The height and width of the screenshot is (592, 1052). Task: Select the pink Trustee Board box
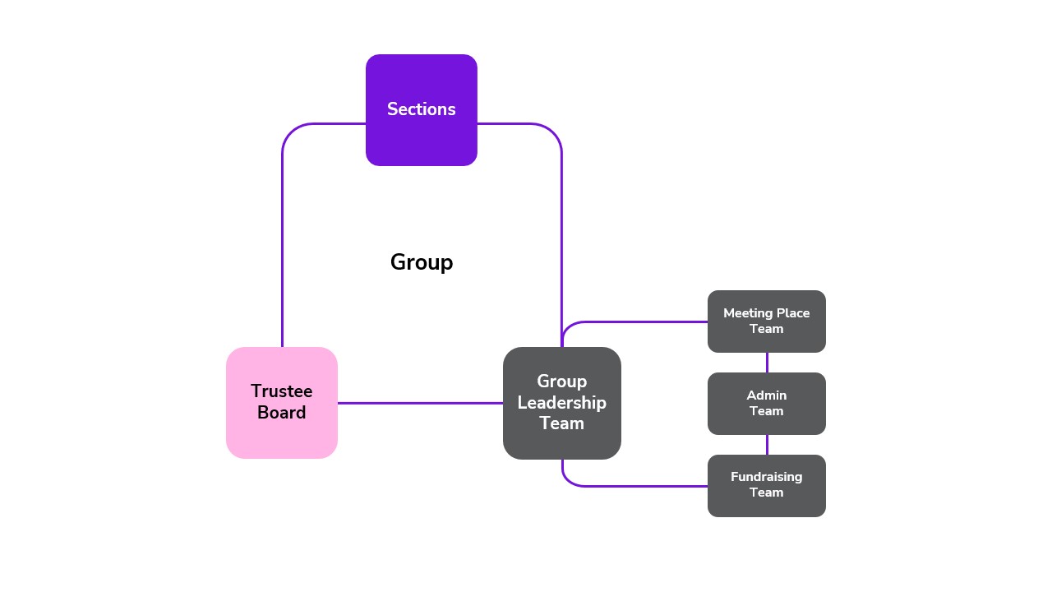281,436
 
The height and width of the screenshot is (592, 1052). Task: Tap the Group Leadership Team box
561,440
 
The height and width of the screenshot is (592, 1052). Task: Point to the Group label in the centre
421,262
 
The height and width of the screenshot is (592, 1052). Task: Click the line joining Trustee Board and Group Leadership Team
419,403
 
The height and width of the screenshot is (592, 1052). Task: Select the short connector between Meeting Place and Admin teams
767,363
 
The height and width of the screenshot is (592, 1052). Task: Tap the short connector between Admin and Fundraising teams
767,445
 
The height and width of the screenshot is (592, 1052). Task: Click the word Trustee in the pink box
281,391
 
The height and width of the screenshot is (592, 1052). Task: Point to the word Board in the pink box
281,413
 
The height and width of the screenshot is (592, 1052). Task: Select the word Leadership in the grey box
561,403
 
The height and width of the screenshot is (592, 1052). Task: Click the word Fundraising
766,477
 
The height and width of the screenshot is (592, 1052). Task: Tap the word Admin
766,395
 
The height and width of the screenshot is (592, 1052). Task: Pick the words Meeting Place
766,313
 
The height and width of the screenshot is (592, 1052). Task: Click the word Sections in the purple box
421,109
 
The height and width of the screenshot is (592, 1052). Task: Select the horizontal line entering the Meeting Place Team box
641,321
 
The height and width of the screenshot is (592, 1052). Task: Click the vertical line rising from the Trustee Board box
282,247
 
